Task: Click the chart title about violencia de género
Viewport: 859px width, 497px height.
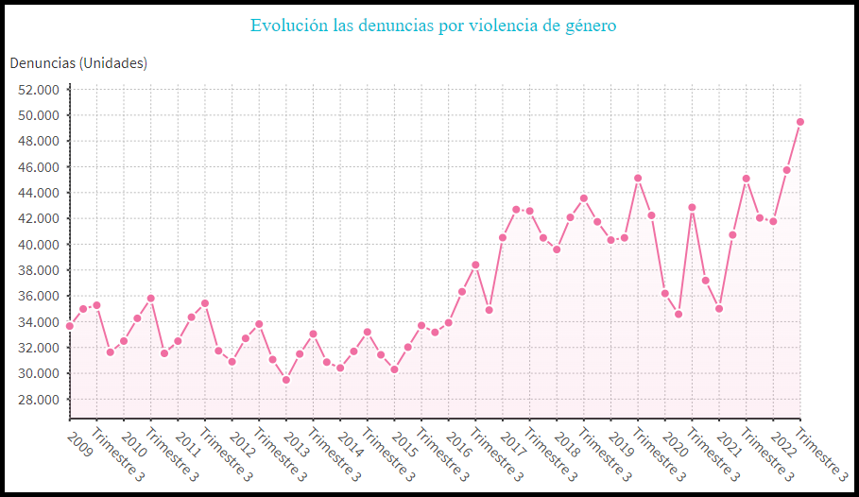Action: (433, 26)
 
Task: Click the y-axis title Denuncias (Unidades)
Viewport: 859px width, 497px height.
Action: (78, 63)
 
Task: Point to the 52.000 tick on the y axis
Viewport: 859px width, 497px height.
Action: (39, 90)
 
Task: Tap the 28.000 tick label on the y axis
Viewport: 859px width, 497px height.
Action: (39, 399)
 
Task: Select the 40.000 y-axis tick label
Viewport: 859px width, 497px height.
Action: (39, 245)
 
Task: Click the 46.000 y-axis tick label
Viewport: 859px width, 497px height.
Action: (39, 167)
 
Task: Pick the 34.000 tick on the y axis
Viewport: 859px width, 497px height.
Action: (39, 322)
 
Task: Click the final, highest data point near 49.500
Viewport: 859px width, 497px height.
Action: (800, 122)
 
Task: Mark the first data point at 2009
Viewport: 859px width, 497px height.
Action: (70, 326)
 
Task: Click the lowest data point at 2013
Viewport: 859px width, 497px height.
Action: (286, 380)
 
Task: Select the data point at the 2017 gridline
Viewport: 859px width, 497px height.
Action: (503, 237)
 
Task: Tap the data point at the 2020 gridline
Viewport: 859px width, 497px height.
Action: (664, 293)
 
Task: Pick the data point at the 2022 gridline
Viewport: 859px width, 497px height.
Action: (773, 221)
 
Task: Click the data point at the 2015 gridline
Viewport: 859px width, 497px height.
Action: (394, 369)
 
